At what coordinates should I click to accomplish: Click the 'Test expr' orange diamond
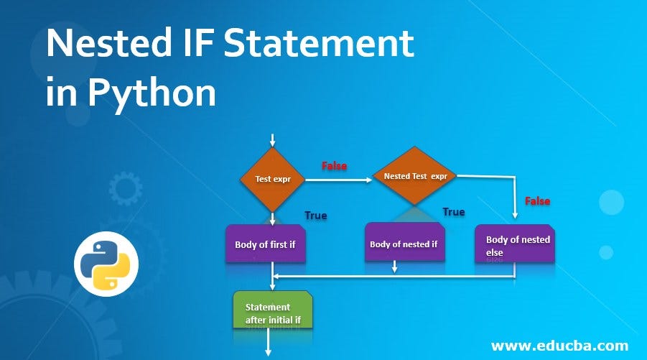(x=273, y=179)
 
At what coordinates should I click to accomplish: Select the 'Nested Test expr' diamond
(x=415, y=175)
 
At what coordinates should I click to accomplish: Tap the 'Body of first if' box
(x=265, y=244)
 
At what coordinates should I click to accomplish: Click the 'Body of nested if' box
(x=403, y=244)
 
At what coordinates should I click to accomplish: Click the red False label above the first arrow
(x=334, y=166)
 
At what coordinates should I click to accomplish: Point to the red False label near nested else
(x=537, y=201)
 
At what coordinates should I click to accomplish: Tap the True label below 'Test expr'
(x=316, y=215)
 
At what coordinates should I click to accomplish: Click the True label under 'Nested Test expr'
(x=453, y=211)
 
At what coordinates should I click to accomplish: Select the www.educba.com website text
(x=560, y=345)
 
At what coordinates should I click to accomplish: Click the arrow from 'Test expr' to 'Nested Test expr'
(x=338, y=180)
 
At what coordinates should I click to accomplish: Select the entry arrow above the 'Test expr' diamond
(x=273, y=139)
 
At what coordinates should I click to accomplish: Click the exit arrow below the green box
(x=269, y=343)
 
